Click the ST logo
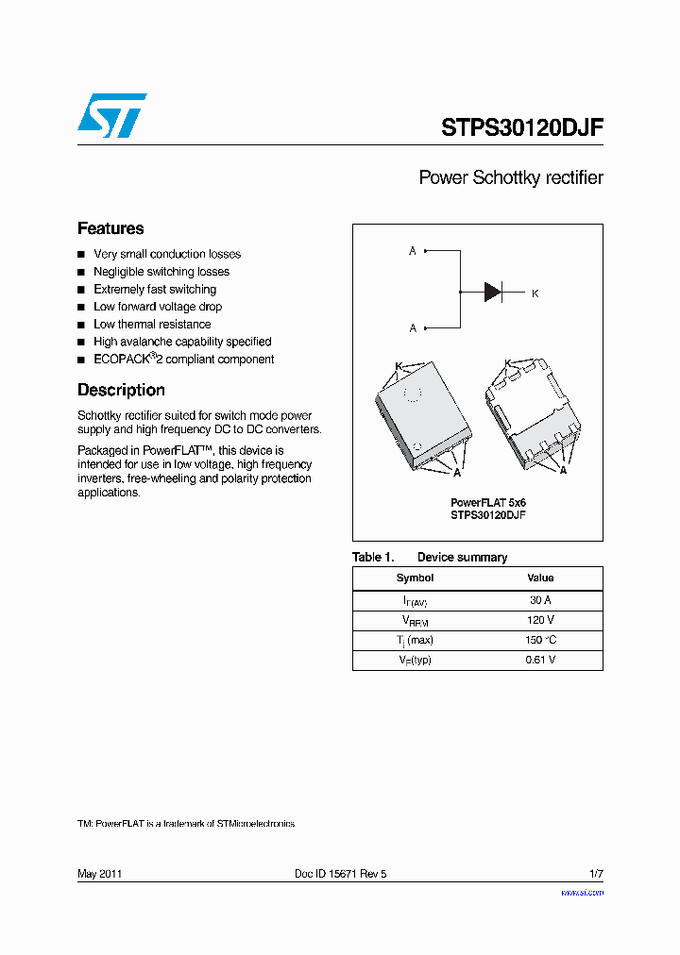coord(111,115)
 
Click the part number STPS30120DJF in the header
coord(521,128)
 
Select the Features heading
coord(110,228)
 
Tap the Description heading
coord(121,390)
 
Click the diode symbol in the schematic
coord(493,292)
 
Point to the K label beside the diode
coord(535,293)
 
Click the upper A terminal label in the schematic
coord(413,251)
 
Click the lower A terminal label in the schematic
coord(413,328)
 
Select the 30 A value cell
coord(540,600)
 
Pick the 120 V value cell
coord(540,620)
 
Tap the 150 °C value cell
coord(540,640)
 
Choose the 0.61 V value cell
coord(540,660)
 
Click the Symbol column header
coord(415,578)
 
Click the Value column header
coord(540,578)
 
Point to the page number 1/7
coord(596,874)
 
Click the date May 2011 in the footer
coord(99,874)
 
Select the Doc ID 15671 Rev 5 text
coord(341,874)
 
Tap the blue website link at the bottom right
coord(582,892)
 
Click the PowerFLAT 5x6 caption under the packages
coord(487,503)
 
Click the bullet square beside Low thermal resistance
coord(81,325)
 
